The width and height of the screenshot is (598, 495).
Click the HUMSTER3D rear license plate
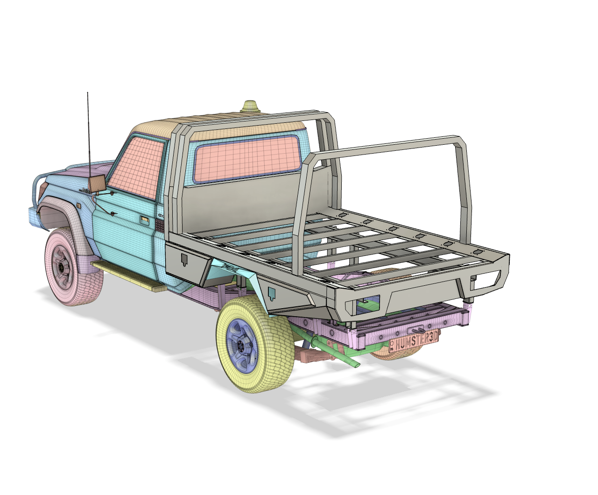coord(413,343)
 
